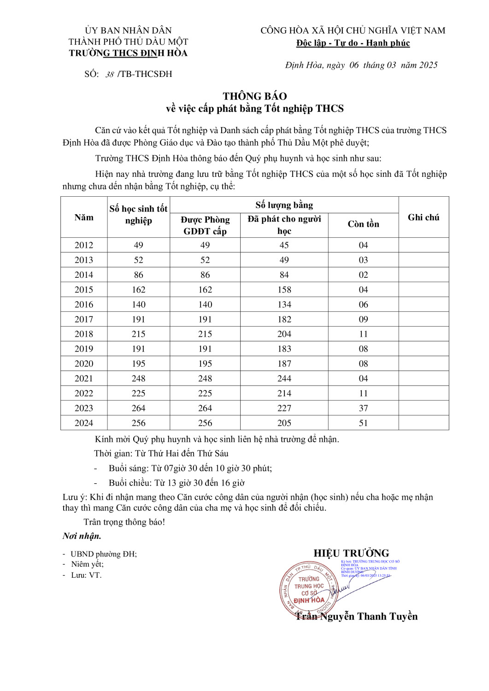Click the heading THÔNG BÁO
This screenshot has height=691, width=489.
[x=254, y=96]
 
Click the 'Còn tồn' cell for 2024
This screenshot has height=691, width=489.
[x=363, y=423]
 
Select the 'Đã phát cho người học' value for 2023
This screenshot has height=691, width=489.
[x=284, y=408]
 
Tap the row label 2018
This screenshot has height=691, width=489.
[x=84, y=334]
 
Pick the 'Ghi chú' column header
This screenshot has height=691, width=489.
[x=423, y=217]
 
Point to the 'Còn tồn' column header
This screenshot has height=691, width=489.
[x=363, y=224]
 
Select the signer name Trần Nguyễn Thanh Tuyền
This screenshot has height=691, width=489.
[x=356, y=616]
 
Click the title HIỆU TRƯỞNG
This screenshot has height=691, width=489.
[x=351, y=553]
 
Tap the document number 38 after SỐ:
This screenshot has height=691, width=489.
[x=110, y=75]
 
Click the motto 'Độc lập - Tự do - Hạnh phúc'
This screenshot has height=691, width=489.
[x=353, y=43]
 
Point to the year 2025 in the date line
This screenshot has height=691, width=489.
[x=428, y=65]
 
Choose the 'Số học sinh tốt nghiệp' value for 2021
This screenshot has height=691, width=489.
[x=138, y=379]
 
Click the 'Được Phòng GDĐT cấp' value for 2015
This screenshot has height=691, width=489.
[x=205, y=290]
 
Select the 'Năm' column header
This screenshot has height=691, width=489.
[x=84, y=217]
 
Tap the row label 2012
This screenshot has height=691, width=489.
[x=84, y=245]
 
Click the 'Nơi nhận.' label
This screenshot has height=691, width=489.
[x=82, y=536]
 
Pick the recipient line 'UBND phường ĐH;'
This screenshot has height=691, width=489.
[x=103, y=554]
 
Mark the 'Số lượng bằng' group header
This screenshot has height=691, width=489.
[x=284, y=205]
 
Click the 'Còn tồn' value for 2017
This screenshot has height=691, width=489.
[x=363, y=319]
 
